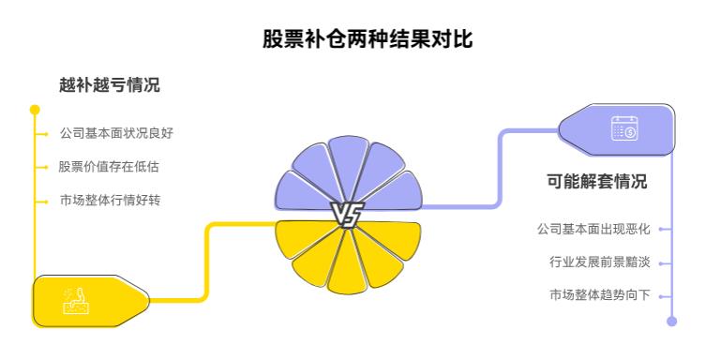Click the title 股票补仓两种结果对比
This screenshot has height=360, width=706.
coord(352,41)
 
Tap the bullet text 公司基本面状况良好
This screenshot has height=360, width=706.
coord(115,134)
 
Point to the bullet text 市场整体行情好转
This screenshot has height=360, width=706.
coord(109,200)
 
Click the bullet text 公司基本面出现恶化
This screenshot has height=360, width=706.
coord(593,229)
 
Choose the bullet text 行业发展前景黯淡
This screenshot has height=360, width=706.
coord(599,262)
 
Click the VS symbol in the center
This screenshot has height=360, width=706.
coord(346,216)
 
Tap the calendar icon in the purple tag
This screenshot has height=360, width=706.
coord(623,128)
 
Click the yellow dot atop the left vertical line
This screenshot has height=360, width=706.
coord(35,110)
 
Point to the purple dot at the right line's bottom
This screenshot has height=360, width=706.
coord(671,320)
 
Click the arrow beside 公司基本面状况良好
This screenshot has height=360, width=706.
coord(42,134)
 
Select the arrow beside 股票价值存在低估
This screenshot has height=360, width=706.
coord(42,167)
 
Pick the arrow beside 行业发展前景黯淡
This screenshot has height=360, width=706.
coord(664,262)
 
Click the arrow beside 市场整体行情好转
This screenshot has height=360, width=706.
coord(42,200)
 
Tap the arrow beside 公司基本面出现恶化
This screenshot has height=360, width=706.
coord(664,229)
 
